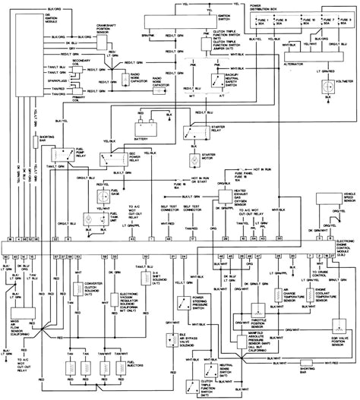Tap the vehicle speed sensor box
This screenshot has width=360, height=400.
pyautogui.click(x=339, y=205)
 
